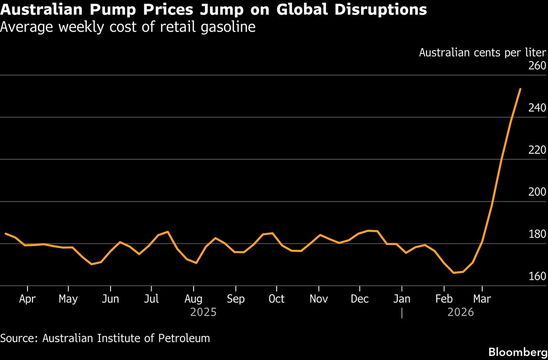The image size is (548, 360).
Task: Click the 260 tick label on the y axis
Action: [x=537, y=66]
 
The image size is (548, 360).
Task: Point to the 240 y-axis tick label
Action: [x=537, y=108]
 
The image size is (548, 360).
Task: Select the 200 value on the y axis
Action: [x=537, y=192]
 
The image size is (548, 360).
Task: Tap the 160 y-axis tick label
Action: [x=537, y=277]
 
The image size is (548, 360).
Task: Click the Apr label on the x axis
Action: [x=27, y=299]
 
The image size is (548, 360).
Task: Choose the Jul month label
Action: [x=151, y=299]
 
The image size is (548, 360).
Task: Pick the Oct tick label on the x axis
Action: [x=276, y=299]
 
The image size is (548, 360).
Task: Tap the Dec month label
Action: [x=360, y=299]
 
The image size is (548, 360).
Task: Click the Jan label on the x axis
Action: [x=402, y=299]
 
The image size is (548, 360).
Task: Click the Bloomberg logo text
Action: [x=517, y=352]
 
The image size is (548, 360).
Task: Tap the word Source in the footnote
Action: [x=19, y=338]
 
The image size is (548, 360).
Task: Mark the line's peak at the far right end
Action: [x=520, y=89]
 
